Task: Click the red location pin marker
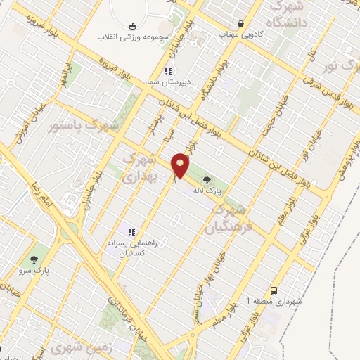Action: (x=181, y=165)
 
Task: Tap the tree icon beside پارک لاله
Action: (x=205, y=179)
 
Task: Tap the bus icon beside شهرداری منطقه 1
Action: (x=273, y=290)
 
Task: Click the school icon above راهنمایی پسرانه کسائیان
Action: (x=130, y=231)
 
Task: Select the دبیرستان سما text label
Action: (x=168, y=83)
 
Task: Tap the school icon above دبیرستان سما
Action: (x=167, y=71)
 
